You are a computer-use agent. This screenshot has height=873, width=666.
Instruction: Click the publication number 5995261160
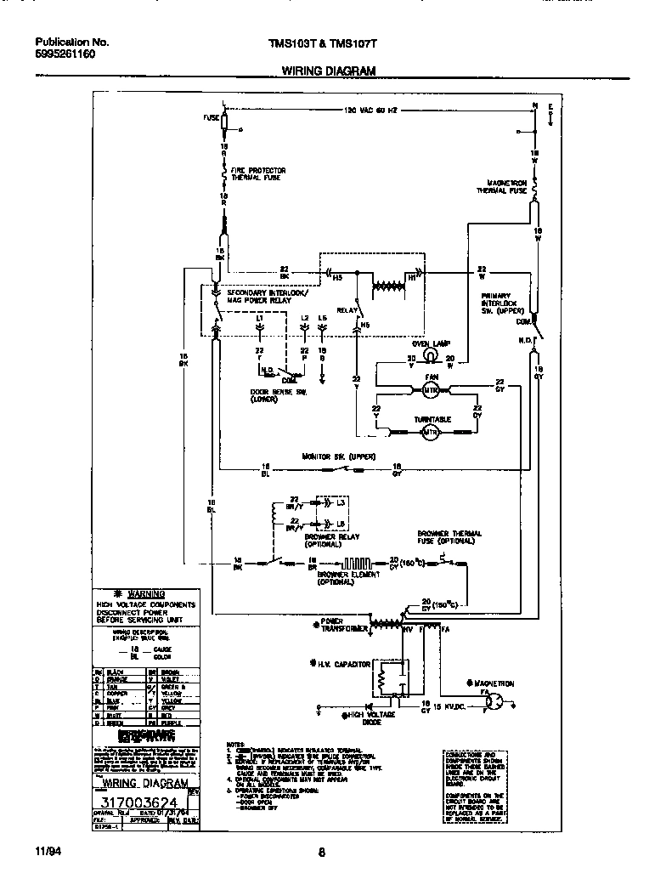click(65, 54)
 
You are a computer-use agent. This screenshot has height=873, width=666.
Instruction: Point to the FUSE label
click(212, 118)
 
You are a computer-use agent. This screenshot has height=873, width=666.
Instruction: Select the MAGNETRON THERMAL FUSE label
click(507, 187)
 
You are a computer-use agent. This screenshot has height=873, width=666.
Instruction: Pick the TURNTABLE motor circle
click(430, 432)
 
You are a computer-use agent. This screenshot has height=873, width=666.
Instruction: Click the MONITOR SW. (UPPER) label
click(332, 456)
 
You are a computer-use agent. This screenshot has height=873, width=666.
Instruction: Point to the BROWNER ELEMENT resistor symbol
click(354, 562)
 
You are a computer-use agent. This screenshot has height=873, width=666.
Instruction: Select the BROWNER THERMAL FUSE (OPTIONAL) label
click(449, 536)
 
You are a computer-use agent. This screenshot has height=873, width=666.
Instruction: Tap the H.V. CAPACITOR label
click(342, 663)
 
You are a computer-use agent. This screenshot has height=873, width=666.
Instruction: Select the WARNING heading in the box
click(145, 593)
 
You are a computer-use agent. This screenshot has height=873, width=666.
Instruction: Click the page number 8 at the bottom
click(322, 852)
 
